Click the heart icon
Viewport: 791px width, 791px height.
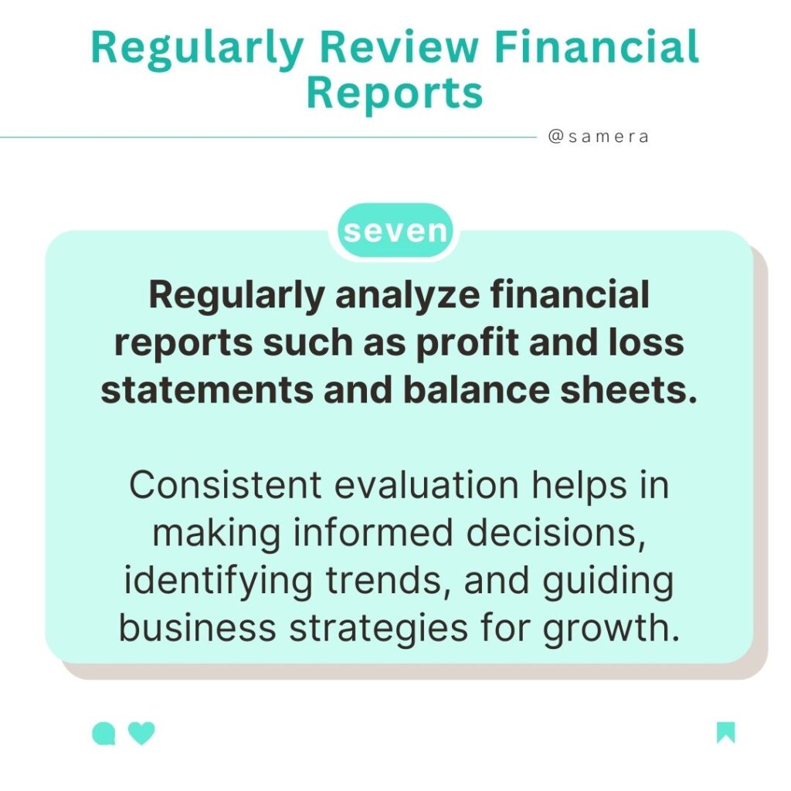coord(141,733)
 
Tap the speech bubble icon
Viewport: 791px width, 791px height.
coord(103,733)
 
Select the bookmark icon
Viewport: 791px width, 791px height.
coord(725,732)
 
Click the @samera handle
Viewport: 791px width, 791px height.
coord(598,137)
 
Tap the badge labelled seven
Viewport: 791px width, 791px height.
coord(395,230)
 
